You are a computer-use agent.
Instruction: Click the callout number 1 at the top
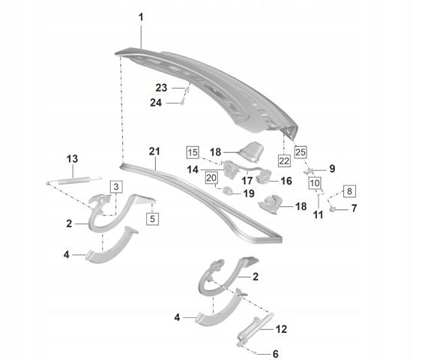[141, 17]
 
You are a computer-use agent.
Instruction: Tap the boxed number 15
[193, 152]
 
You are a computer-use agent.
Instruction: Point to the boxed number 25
[301, 151]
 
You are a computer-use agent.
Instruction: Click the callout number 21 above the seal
[154, 151]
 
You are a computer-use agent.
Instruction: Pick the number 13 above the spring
[72, 159]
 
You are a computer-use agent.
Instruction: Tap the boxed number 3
[116, 187]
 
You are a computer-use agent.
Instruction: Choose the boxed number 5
[152, 219]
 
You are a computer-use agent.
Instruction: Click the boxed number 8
[349, 191]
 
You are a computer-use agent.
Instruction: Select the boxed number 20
[211, 178]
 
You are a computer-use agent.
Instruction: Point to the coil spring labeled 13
[74, 181]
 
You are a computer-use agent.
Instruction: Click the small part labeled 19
[228, 190]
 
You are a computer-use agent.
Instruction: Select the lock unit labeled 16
[263, 175]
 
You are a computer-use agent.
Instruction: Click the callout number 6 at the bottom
[275, 354]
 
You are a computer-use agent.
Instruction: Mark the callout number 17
[247, 181]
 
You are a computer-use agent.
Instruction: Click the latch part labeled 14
[229, 169]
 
